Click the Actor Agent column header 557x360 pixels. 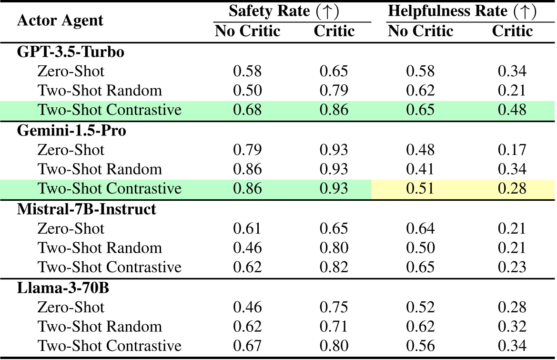coord(60,21)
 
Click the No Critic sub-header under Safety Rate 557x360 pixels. coord(247,31)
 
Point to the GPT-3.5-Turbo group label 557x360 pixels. coord(71,52)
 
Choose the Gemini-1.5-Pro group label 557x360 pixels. coord(71,131)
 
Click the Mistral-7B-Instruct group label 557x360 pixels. coord(86,209)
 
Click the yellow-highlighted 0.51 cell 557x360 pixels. coord(420,188)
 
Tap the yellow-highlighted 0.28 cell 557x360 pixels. coord(512,188)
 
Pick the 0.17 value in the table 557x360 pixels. coord(512,150)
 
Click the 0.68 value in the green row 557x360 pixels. coord(247,110)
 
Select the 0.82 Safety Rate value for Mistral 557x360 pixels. coord(334,267)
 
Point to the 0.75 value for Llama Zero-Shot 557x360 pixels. coord(334,307)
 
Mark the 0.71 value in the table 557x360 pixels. coord(334,327)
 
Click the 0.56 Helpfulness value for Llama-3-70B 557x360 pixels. coord(420,346)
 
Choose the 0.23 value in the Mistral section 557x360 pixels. coord(512,267)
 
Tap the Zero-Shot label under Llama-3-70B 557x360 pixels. coord(71,307)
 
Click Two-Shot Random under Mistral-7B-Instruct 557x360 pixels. coord(100,248)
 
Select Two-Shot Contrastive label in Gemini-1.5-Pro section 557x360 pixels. coord(110,188)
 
